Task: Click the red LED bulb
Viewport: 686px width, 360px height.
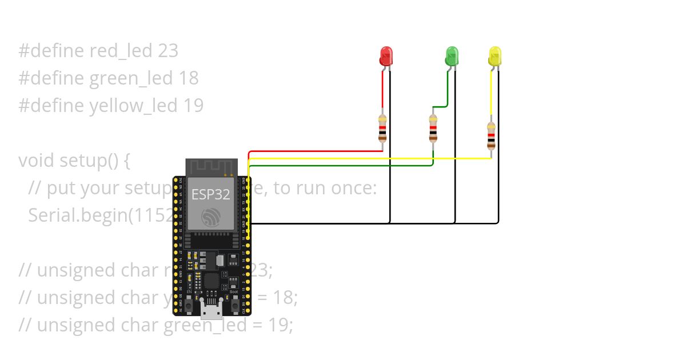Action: click(x=386, y=56)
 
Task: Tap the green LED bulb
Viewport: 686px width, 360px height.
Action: click(x=452, y=56)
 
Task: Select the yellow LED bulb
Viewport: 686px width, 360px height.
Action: click(x=495, y=56)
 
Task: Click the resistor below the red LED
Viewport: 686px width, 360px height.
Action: click(x=382, y=128)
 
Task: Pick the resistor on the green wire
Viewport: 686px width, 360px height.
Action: click(x=433, y=128)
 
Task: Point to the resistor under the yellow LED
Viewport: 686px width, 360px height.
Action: click(x=491, y=135)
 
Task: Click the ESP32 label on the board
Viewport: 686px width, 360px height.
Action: click(x=210, y=194)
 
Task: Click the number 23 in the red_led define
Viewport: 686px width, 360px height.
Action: click(x=167, y=51)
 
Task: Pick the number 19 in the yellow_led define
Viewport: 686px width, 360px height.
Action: click(x=193, y=106)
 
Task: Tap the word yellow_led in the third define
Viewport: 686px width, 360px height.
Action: click(x=134, y=106)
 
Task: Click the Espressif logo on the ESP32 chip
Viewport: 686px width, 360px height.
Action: click(x=211, y=217)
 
